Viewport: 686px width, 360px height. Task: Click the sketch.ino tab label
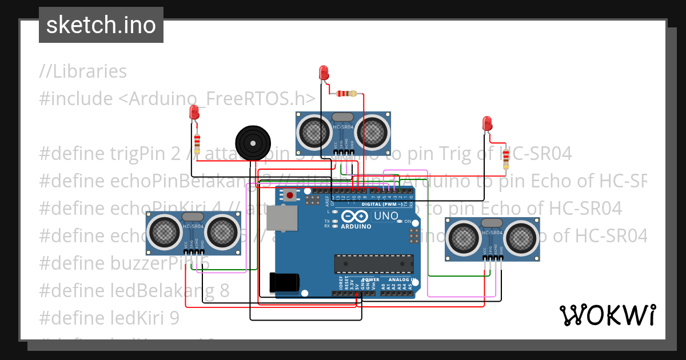[101, 25]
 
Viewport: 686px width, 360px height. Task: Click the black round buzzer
[253, 143]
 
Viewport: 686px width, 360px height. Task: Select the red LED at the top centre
[324, 73]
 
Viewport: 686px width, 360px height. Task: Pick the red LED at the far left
[194, 112]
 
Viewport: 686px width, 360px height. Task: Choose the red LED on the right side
[487, 123]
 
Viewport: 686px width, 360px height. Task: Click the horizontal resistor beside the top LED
[346, 94]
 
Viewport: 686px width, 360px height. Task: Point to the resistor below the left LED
[197, 143]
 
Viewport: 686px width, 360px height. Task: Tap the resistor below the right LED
[505, 159]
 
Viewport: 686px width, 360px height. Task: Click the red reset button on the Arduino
[290, 195]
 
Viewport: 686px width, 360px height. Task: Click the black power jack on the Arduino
[284, 283]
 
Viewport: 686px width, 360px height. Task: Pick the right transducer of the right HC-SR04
[520, 238]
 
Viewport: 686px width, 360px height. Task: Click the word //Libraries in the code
[83, 71]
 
